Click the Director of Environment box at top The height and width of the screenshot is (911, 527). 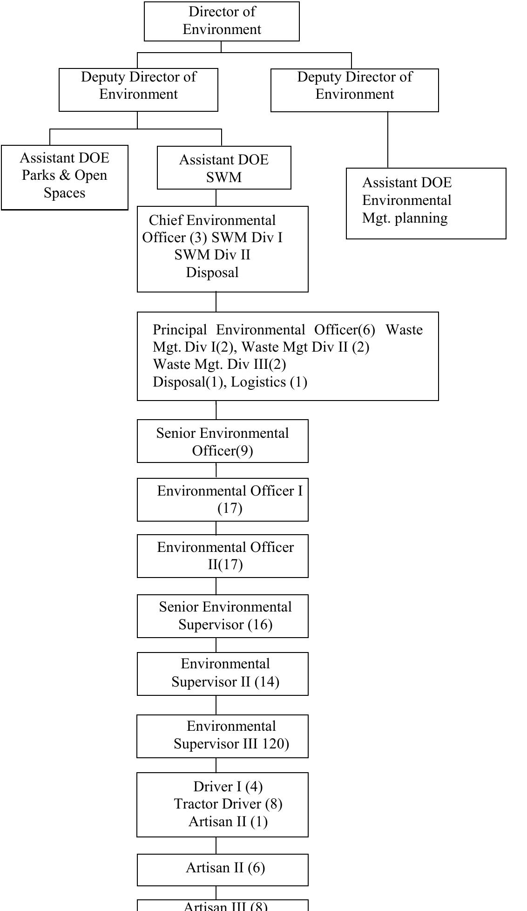pos(222,21)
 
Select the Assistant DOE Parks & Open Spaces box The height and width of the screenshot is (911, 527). pos(64,177)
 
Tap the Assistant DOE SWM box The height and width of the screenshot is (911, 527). pos(224,168)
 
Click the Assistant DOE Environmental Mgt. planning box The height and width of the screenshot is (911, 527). pos(426,204)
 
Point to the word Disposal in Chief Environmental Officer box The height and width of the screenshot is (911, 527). pos(212,272)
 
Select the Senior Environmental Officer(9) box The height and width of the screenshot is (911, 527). pos(223,441)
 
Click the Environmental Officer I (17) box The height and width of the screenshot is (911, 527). pos(223,499)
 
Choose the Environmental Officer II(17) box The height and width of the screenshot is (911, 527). pos(223,556)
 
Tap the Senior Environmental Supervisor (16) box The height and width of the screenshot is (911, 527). pos(223,616)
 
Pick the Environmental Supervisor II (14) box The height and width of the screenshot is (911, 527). pos(223,673)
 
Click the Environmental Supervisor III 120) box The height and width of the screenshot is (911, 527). pos(223,736)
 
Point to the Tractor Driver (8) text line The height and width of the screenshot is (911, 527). pos(228,804)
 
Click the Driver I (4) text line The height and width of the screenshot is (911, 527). pos(228,787)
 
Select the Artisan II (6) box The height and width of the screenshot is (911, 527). pos(223,869)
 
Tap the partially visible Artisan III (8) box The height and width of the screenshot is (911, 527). pos(223,906)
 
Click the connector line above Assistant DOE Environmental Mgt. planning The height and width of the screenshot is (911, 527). pos(388,140)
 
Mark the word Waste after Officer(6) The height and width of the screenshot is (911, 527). pos(404,330)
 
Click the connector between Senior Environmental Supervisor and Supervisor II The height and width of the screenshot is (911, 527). pos(216,645)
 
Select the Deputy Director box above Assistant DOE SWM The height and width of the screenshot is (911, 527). pos(138,89)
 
